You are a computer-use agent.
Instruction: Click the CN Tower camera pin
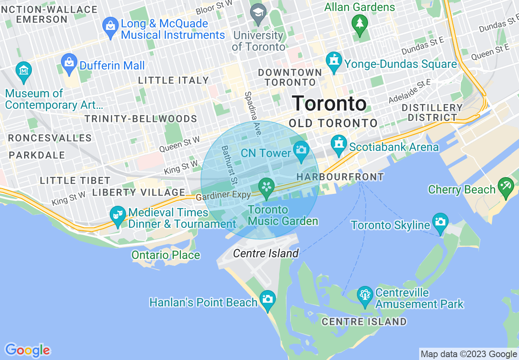pyautogui.click(x=301, y=150)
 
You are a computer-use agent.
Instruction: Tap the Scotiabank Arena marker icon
pyautogui.click(x=338, y=144)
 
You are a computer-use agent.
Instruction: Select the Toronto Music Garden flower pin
pyautogui.click(x=266, y=188)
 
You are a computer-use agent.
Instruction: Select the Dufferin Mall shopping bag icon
pyautogui.click(x=69, y=63)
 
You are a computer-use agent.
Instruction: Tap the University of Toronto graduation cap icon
pyautogui.click(x=258, y=11)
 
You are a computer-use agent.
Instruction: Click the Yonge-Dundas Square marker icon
pyautogui.click(x=334, y=61)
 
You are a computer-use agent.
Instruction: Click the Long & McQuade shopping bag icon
pyautogui.click(x=110, y=25)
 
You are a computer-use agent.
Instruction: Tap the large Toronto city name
pyautogui.click(x=329, y=103)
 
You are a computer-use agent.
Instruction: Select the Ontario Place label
pyautogui.click(x=166, y=255)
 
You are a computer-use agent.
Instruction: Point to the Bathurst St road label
pyautogui.click(x=229, y=165)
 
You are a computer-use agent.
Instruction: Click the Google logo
pyautogui.click(x=28, y=350)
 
